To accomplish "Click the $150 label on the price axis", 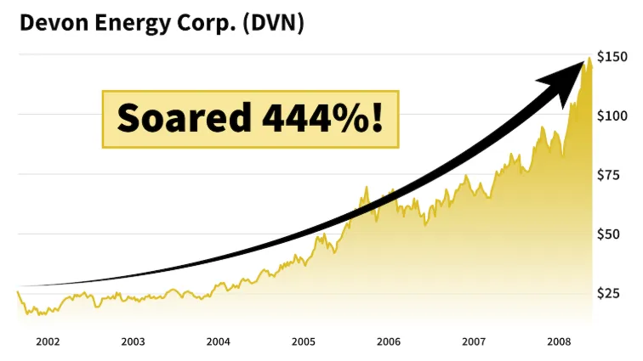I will tap(612, 57).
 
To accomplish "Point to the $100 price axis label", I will tap(612, 116).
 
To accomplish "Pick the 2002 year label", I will tap(48, 341).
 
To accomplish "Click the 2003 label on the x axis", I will tap(133, 341).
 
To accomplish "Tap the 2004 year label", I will tap(218, 341).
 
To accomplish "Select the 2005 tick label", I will tap(304, 341).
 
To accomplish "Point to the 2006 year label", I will tap(389, 341).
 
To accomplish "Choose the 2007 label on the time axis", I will tap(474, 341).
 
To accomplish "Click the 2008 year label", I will tap(559, 341).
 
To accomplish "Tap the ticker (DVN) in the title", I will tap(274, 23).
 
